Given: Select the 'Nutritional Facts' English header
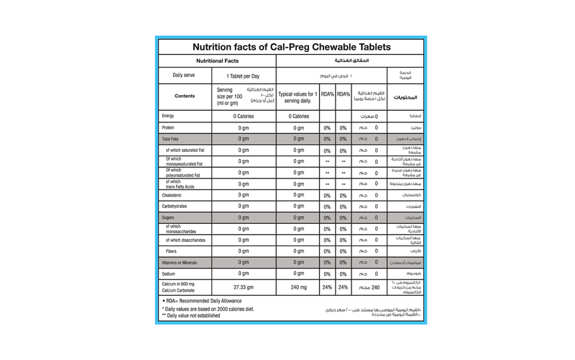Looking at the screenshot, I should tap(217, 62).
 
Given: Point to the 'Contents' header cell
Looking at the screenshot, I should tap(185, 95).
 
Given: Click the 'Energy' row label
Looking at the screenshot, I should tap(168, 115).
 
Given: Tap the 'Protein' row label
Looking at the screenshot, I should tap(169, 127).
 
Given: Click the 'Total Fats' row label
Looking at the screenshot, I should tap(171, 138).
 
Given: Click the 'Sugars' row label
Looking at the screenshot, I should tap(170, 217).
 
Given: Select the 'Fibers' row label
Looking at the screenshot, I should tap(171, 251).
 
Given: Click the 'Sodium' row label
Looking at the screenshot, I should tap(170, 274).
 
